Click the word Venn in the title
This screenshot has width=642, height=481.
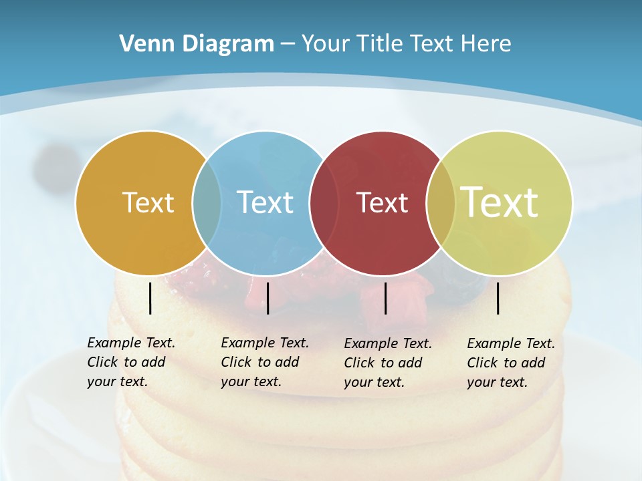142,44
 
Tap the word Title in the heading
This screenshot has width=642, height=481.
379,44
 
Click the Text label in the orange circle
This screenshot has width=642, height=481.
148,202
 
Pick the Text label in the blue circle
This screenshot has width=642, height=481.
265,202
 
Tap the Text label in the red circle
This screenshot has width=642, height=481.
382,202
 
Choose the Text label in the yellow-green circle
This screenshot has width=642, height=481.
500,202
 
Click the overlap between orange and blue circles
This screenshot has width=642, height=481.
207,202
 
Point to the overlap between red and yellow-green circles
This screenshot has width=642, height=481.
441,202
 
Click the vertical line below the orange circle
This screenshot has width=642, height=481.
150,298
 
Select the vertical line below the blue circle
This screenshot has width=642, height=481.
267,298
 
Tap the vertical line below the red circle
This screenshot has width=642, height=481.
386,298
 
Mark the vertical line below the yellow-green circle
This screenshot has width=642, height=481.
498,298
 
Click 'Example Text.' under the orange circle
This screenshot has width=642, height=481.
131,343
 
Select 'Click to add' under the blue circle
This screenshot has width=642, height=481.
260,362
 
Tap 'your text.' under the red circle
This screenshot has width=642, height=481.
374,382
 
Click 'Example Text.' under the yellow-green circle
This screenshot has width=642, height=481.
511,343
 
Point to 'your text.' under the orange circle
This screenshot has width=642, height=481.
118,381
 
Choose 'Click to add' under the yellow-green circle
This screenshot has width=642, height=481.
506,363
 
